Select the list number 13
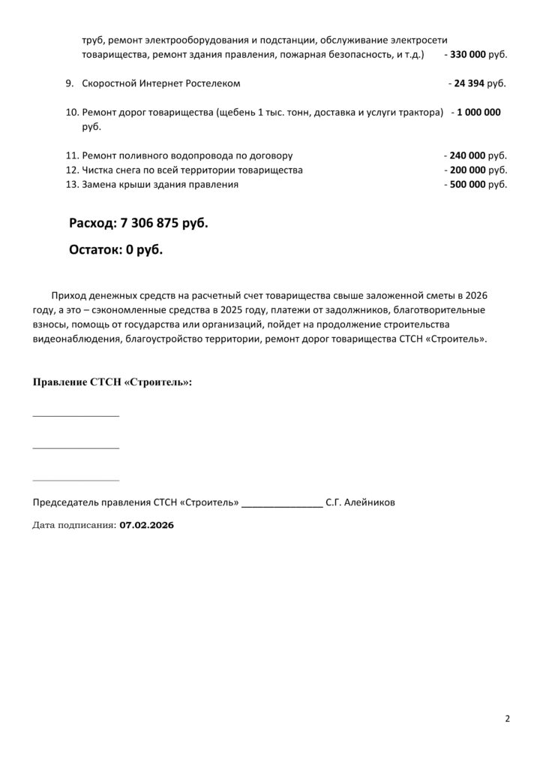tap(72, 184)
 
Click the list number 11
tap(72, 155)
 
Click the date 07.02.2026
tap(146, 526)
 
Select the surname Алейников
tap(368, 502)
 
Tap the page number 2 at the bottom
tap(507, 719)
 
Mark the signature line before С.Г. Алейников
tap(282, 506)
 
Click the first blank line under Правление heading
tap(76, 415)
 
